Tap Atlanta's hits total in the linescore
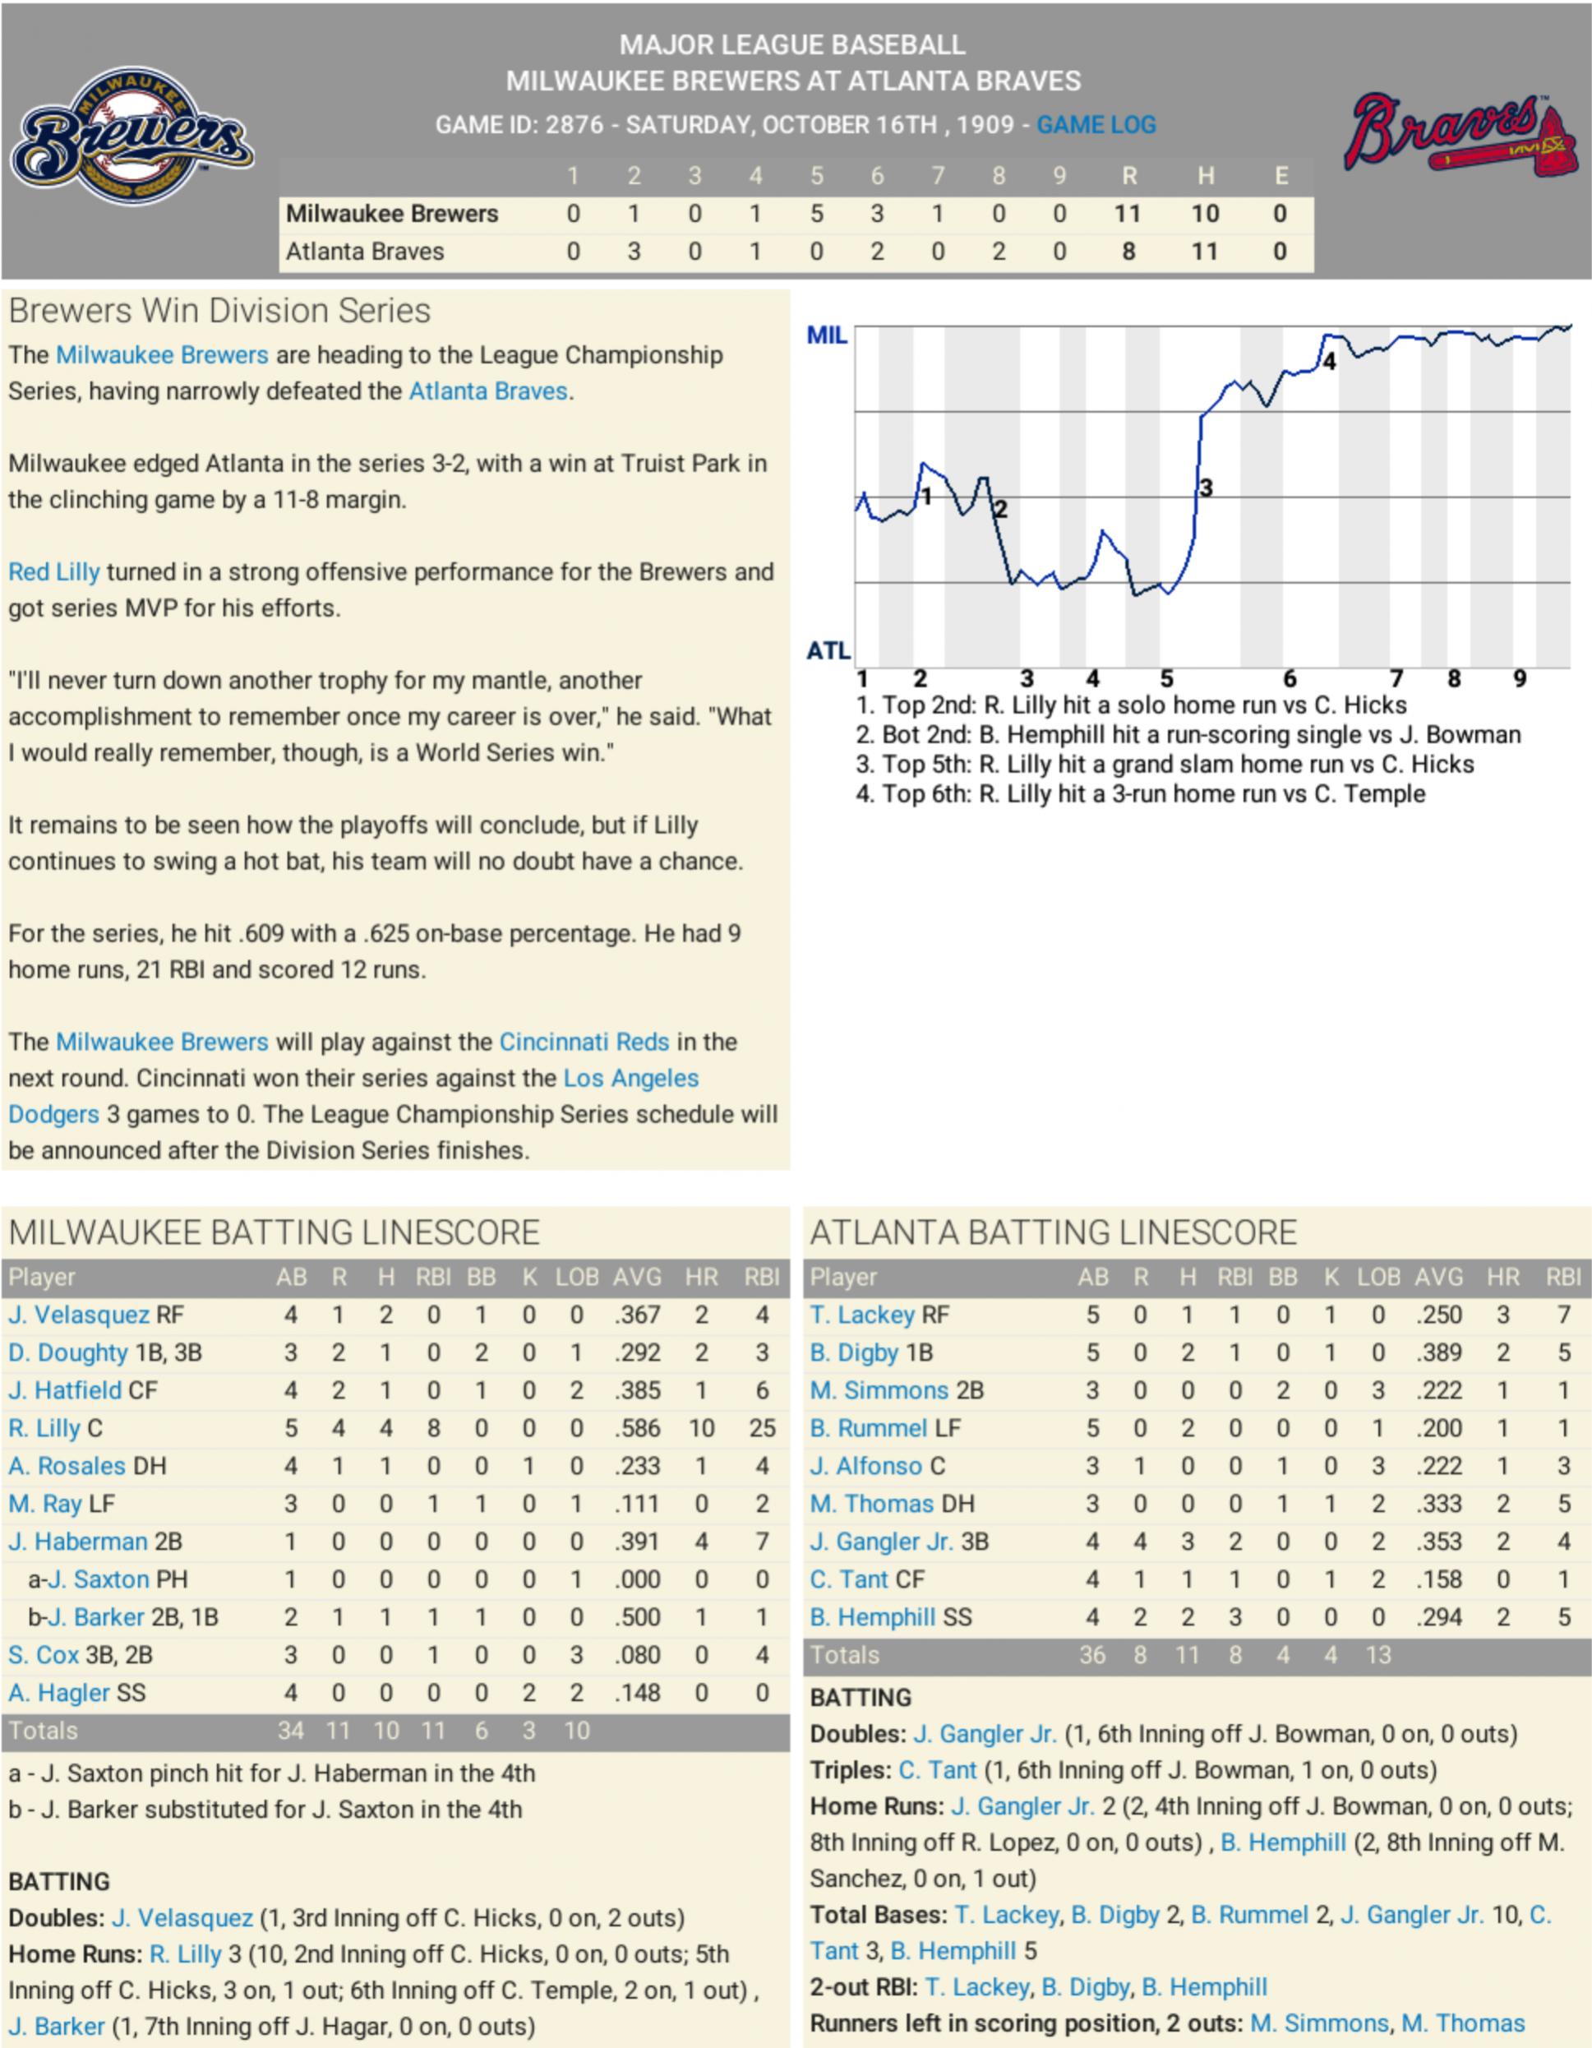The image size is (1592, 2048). (x=1204, y=252)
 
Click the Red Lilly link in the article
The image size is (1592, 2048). (x=53, y=572)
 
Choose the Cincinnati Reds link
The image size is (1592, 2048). (x=584, y=1042)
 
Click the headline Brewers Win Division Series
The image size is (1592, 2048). (x=219, y=311)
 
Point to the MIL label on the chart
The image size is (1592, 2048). (x=826, y=335)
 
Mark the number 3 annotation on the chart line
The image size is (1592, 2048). (x=1207, y=488)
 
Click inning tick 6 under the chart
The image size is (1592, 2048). (x=1290, y=678)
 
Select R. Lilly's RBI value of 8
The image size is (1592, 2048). (x=433, y=1428)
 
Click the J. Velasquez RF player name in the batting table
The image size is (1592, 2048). (x=79, y=1315)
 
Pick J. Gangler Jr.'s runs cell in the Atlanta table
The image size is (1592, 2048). (x=1140, y=1542)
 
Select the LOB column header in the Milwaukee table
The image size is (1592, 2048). (x=577, y=1277)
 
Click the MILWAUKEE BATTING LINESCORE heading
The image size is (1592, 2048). (x=274, y=1232)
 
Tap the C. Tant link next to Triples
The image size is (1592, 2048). (x=937, y=1769)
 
